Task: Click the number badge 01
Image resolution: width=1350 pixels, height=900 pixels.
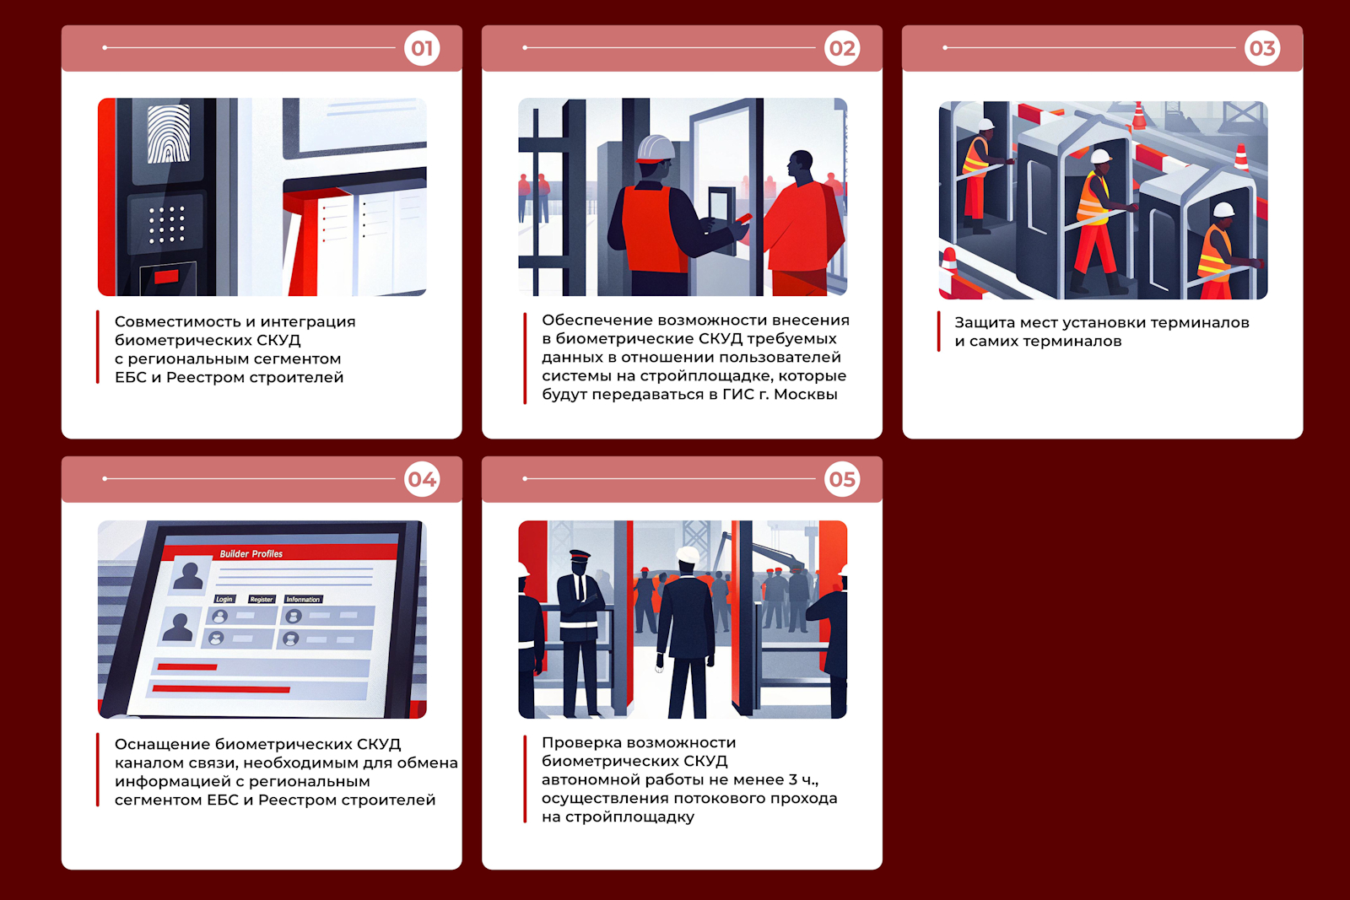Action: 422,48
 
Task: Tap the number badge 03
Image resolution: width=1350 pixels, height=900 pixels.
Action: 1262,48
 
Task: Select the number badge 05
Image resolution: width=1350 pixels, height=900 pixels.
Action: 842,479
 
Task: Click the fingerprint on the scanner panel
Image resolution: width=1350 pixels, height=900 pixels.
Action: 169,134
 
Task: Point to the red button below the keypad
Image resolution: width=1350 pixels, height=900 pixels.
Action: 166,277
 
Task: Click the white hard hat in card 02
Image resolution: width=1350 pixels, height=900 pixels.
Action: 655,148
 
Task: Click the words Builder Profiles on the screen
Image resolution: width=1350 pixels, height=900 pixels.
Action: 251,553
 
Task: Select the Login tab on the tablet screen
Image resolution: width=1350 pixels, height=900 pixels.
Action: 224,599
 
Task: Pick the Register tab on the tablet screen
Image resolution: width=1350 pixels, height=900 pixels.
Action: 262,599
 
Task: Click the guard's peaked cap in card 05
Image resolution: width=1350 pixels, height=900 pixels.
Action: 580,555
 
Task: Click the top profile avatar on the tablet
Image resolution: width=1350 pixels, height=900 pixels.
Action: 188,574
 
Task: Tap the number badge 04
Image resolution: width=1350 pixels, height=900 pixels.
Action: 422,479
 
